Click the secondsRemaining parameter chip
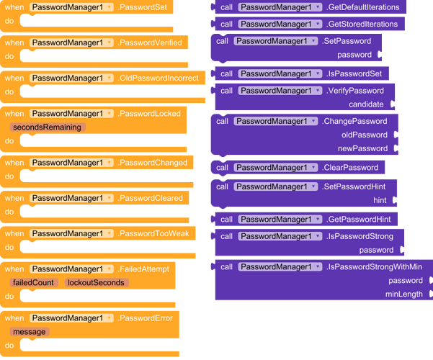[48, 127]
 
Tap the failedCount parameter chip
[33, 282]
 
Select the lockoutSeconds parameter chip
[97, 282]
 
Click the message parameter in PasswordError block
[29, 331]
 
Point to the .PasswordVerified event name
[153, 42]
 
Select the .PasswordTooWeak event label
[153, 233]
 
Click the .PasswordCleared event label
[151, 198]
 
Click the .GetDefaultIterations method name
[363, 7]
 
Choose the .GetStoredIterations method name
[362, 24]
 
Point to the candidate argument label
[365, 104]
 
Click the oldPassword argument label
[365, 135]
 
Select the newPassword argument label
[362, 148]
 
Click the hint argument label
[380, 200]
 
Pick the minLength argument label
[403, 294]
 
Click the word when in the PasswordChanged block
[14, 163]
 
